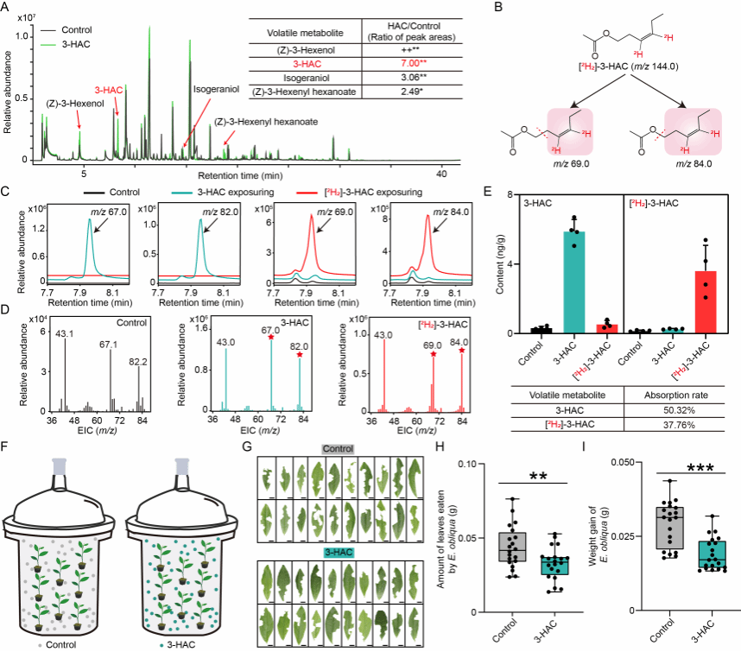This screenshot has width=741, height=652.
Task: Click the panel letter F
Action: [x=7, y=448]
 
